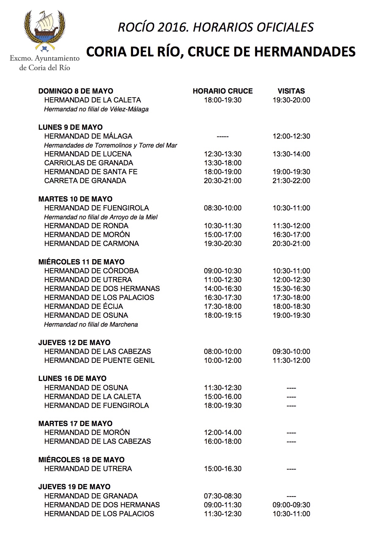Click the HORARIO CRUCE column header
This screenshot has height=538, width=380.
click(222, 91)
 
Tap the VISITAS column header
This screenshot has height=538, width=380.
click(291, 91)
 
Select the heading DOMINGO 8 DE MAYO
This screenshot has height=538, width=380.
click(76, 91)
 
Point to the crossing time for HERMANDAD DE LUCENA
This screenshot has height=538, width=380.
click(222, 154)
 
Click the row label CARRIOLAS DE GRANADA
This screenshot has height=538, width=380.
click(89, 163)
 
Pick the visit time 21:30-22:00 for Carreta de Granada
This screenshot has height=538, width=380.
click(291, 181)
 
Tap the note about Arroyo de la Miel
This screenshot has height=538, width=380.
click(101, 217)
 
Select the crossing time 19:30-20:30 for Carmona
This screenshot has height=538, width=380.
click(222, 244)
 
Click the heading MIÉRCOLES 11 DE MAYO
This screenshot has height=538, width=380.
click(81, 262)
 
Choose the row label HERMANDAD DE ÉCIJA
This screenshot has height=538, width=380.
click(83, 306)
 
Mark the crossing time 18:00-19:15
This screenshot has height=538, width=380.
click(222, 315)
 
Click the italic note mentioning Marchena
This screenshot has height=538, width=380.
click(91, 325)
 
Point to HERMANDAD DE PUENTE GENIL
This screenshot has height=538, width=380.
click(99, 360)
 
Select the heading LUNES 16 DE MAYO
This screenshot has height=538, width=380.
click(72, 379)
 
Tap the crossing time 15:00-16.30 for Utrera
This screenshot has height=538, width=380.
click(222, 469)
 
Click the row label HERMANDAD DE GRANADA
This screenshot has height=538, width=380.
click(91, 496)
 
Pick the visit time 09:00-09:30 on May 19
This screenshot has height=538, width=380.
click(291, 505)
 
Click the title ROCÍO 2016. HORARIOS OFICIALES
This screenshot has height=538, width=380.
click(216, 28)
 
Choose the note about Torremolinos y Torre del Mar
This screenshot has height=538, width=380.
click(110, 145)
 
